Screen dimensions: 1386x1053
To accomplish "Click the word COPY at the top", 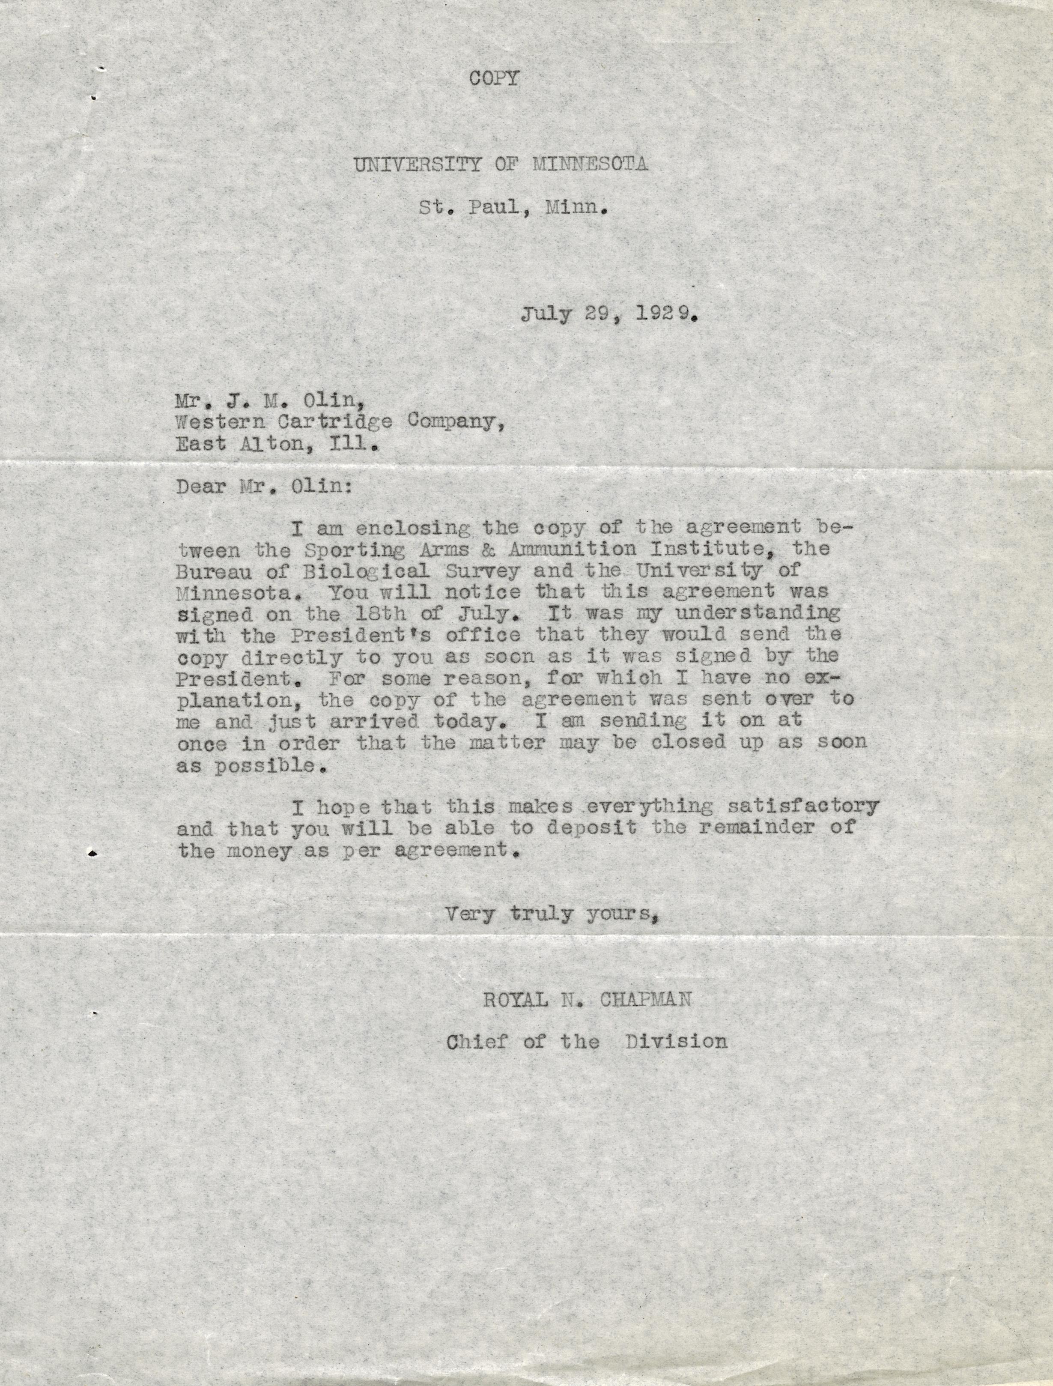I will (495, 78).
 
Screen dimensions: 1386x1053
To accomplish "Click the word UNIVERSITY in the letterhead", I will (418, 165).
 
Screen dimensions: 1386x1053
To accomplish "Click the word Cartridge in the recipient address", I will (331, 422).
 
